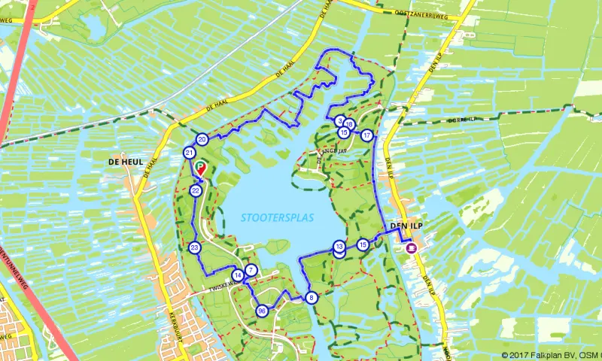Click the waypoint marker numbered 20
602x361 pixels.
tap(202, 139)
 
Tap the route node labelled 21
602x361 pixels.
tap(189, 153)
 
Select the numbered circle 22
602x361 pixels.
tap(196, 191)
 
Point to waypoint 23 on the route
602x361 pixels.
tap(195, 247)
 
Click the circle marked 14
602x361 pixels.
tap(238, 276)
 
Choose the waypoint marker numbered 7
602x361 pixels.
tap(251, 270)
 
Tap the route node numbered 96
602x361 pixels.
tap(262, 311)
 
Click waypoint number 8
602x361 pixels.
tap(312, 298)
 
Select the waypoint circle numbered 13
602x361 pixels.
tap(339, 247)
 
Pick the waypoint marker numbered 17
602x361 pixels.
tap(366, 135)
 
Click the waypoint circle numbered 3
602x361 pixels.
tap(340, 120)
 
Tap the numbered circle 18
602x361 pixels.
tap(350, 124)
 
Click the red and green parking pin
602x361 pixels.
tap(199, 167)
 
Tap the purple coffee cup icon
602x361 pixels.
tap(411, 247)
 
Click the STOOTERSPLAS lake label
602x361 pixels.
tap(278, 217)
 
